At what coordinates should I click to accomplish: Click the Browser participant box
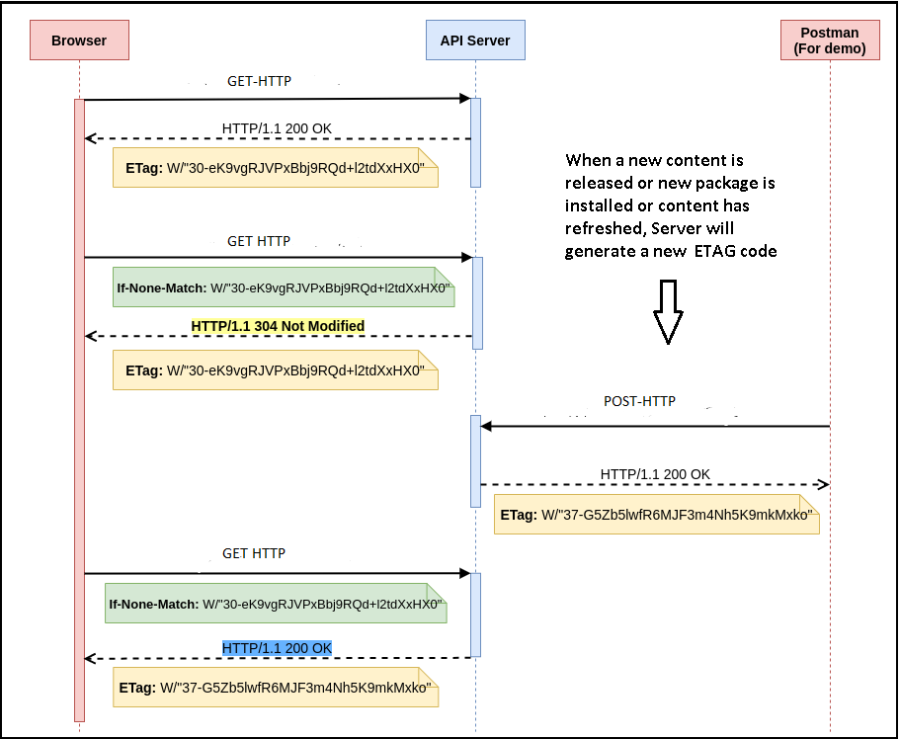(x=79, y=41)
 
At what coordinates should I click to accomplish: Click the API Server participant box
(x=475, y=41)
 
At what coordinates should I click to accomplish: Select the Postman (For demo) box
(x=830, y=41)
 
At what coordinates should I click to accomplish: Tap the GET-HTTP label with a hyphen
(x=259, y=81)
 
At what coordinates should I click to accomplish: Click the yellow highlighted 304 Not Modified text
(x=278, y=326)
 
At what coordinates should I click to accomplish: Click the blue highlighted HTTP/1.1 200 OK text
(x=277, y=647)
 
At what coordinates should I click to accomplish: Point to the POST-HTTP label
(x=639, y=402)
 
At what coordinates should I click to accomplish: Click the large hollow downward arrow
(x=668, y=310)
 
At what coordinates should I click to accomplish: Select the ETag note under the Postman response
(x=657, y=515)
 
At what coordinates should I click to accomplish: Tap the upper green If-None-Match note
(x=284, y=287)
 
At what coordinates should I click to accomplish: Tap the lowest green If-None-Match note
(x=276, y=603)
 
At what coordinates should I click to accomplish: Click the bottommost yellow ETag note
(x=276, y=687)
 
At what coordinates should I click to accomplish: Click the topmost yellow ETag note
(x=275, y=168)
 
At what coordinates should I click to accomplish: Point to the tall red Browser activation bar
(x=79, y=410)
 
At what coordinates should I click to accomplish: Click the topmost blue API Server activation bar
(x=475, y=142)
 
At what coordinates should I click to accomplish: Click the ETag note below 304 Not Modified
(x=275, y=370)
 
